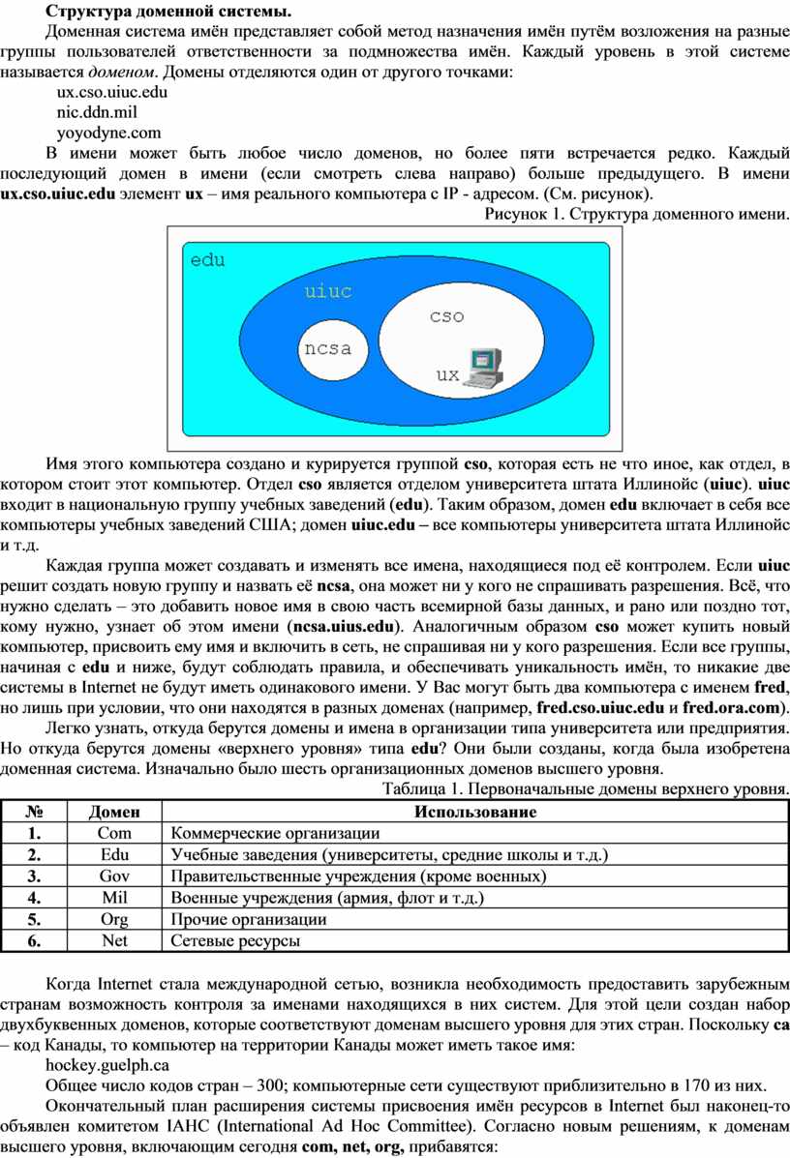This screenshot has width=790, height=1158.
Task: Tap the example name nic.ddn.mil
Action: (x=98, y=112)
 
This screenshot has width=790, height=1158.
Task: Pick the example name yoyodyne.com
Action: (x=108, y=133)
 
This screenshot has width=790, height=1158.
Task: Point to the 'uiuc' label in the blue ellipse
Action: (x=328, y=290)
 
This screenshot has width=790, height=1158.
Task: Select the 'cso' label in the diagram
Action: (x=447, y=315)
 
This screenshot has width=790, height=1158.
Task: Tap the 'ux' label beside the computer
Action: (x=446, y=374)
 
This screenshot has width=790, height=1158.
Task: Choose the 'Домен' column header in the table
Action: (x=114, y=812)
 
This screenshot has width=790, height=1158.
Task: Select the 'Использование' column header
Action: (x=475, y=812)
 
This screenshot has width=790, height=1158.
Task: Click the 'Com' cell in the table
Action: (x=114, y=833)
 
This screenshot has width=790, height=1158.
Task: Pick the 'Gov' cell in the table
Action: (x=114, y=876)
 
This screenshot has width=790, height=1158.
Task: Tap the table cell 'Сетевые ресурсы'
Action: (x=235, y=939)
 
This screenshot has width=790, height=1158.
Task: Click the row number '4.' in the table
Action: (x=35, y=897)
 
